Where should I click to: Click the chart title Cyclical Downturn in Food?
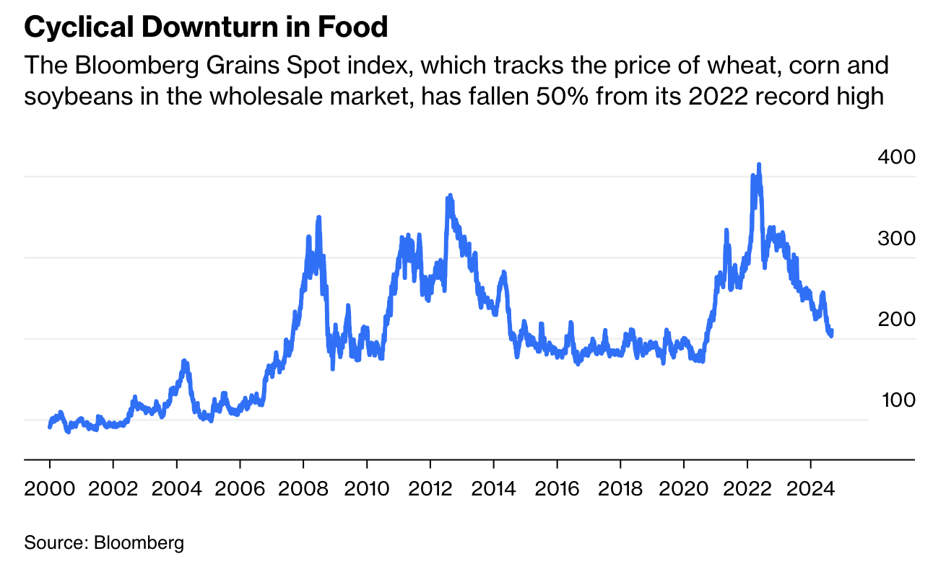coord(207,28)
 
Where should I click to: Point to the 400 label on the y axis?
coord(896,157)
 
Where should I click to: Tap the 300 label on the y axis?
coord(896,238)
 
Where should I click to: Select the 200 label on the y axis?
coord(896,319)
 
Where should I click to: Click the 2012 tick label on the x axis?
coord(432,488)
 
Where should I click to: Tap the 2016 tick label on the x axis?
coord(558,488)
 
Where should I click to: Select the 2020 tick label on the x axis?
coord(685,488)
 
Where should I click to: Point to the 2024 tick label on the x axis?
coord(812,488)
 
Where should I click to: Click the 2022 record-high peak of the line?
coord(758,165)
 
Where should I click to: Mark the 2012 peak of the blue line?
coord(450,195)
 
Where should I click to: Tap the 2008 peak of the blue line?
coord(318,217)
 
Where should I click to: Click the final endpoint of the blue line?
coord(832,332)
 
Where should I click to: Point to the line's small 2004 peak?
coord(184,361)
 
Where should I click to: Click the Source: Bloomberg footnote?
coord(104,542)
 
